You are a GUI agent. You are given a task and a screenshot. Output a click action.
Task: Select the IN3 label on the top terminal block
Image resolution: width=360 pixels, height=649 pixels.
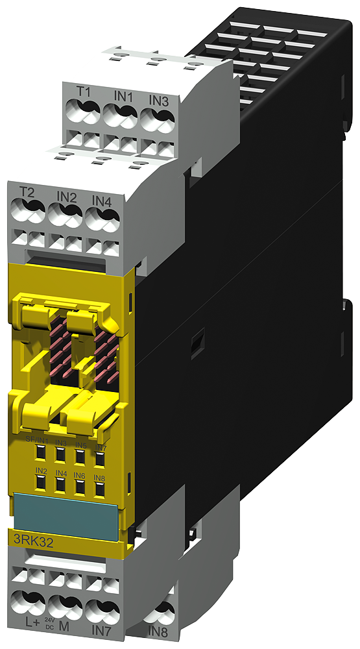tap(159, 101)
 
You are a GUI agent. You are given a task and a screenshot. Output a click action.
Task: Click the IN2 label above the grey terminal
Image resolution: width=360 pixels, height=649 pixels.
tap(66, 197)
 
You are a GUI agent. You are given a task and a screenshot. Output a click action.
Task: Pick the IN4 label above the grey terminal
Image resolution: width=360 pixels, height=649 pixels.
tap(102, 201)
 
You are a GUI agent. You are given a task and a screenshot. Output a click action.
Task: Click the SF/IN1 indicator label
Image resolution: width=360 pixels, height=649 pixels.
tap(37, 440)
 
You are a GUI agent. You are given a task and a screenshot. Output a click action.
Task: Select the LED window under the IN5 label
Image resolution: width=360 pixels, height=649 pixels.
tap(80, 457)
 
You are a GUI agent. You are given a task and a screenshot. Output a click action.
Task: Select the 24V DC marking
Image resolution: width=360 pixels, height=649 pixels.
tap(49, 625)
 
